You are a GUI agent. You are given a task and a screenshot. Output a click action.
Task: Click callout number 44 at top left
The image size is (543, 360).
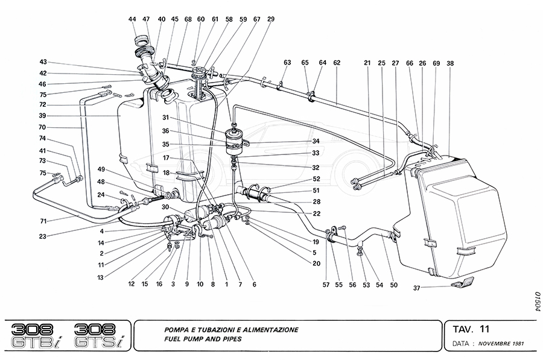[132, 19]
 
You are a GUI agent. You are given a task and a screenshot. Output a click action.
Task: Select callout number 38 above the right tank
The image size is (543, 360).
[450, 62]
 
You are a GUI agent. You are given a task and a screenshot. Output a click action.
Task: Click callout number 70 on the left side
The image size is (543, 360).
[42, 128]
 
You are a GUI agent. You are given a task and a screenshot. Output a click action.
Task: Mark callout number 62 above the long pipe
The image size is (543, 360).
[337, 62]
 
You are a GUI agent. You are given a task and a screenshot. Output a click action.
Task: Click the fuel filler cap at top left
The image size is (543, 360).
[142, 42]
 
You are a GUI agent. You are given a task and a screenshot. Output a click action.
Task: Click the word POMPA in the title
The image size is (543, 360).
[177, 330]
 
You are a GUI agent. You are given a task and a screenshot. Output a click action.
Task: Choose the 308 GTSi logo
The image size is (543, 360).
[100, 336]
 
